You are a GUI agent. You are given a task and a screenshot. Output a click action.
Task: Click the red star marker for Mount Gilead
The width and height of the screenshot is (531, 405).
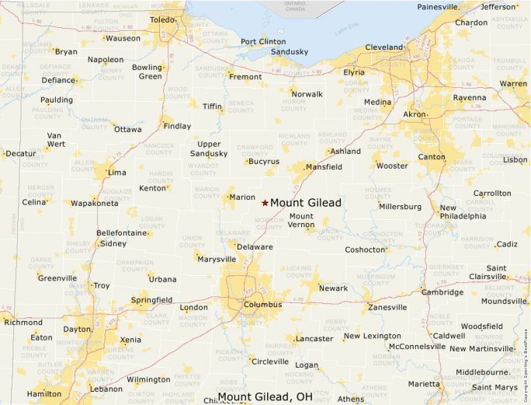[265, 203]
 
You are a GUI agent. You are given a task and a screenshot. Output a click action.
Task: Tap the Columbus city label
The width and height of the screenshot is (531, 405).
[262, 305]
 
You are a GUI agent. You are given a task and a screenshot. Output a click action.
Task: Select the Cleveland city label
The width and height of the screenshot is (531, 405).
[384, 47]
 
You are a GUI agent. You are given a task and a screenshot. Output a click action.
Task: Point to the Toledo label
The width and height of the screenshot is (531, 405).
[163, 19]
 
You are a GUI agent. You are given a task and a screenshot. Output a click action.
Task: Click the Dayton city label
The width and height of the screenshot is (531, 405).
[78, 330]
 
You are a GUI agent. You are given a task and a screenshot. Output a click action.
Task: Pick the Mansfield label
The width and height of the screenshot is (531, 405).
[324, 167]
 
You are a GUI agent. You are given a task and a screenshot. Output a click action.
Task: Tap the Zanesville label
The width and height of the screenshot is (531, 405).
[387, 308]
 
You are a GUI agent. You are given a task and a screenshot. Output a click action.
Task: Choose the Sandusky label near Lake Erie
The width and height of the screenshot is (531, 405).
[290, 52]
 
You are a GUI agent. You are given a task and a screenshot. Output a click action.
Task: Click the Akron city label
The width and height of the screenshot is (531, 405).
[415, 114]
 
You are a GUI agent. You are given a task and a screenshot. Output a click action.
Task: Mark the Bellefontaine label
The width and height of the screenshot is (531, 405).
[122, 233]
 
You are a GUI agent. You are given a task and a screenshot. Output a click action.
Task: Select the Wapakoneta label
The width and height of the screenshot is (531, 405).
[95, 203]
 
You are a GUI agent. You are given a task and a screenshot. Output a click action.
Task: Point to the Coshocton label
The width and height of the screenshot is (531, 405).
[366, 250]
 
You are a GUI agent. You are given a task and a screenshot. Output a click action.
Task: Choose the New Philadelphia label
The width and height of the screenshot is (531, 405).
[463, 212]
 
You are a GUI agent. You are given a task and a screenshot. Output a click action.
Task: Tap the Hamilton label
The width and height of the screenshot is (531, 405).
[43, 394]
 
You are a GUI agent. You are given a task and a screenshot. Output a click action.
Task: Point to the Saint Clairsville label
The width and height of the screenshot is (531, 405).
[486, 273]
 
